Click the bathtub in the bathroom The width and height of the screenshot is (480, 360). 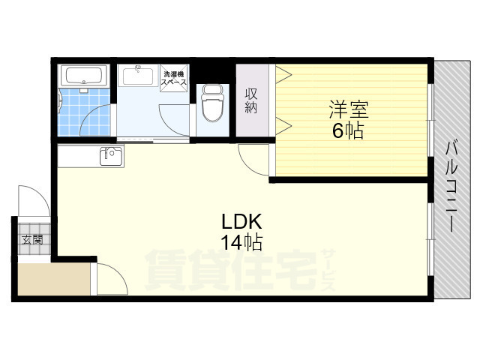(84, 76)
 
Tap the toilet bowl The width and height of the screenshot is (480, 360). (212, 103)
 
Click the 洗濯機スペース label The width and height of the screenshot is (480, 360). (174, 78)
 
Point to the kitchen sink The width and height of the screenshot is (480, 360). (111, 157)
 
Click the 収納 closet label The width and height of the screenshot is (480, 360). (251, 100)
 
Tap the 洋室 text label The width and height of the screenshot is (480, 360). (349, 109)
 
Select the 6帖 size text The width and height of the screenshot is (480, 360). (348, 130)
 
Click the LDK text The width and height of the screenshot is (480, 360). (241, 222)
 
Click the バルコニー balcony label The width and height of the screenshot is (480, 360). (451, 187)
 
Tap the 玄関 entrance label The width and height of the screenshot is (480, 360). (32, 239)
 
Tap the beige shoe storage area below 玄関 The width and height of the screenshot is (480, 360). (54, 279)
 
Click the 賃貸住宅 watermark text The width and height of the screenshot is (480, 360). (230, 270)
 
